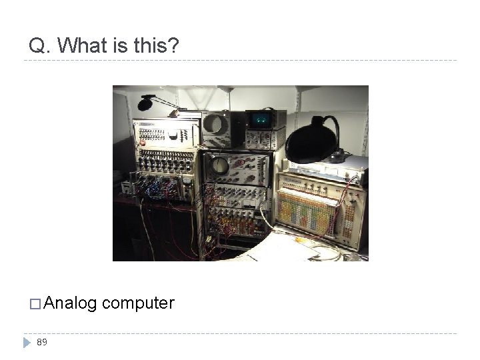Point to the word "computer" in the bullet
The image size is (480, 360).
139,304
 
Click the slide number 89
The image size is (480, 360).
42,342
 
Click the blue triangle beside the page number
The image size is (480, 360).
27,342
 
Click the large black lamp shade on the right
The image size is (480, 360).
313,141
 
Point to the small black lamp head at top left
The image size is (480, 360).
147,103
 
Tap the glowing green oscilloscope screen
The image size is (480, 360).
259,119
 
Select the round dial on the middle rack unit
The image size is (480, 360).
219,167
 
